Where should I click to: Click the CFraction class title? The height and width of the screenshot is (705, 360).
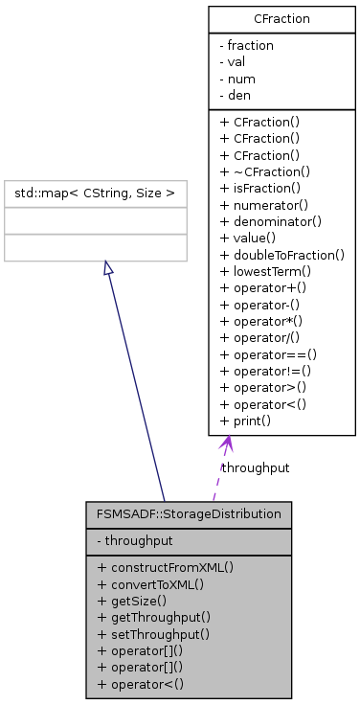pos(281,18)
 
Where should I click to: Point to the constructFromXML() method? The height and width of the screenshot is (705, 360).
pos(165,566)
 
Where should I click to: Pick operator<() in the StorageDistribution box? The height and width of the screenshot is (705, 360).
pos(146,683)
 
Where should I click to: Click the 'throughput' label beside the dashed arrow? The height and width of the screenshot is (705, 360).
pos(256,467)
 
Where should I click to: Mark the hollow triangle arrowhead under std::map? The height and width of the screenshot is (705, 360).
pos(109,268)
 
